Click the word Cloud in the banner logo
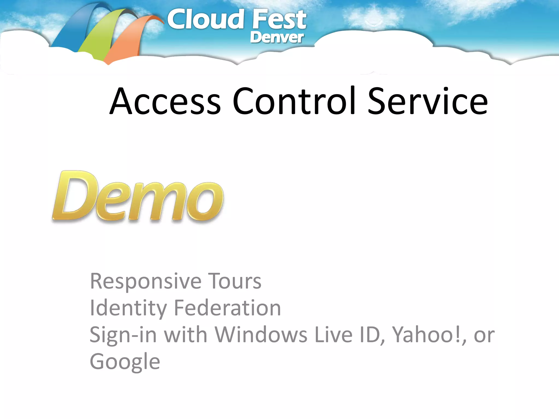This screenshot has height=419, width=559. point(205,20)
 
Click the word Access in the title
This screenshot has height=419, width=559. point(165,101)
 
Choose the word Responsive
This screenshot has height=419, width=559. point(145,282)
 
